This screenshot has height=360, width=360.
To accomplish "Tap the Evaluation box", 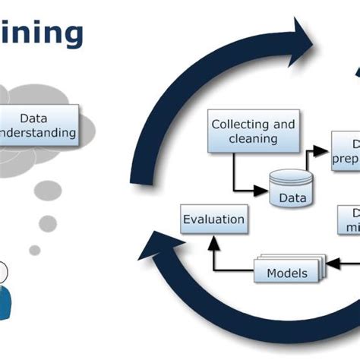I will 213,220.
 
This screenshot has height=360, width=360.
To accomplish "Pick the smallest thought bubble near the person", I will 35,249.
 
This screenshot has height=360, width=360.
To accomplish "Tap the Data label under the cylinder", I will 292,199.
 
